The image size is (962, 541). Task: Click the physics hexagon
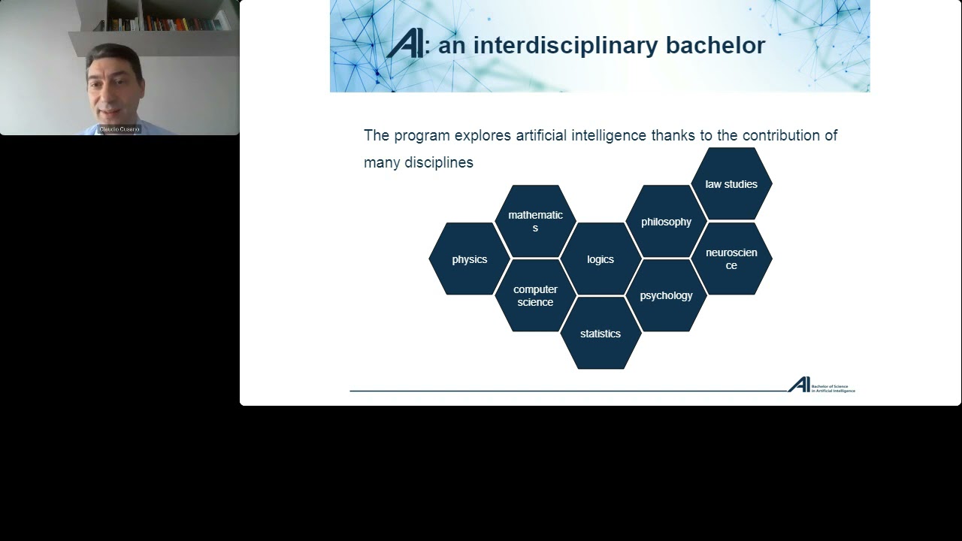coord(469,259)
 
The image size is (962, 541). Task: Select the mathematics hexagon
coord(535,221)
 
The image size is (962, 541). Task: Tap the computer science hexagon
coord(535,295)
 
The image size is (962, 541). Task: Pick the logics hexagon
coord(600,259)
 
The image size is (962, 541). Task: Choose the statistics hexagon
coord(600,334)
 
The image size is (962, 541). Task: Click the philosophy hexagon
coord(666,222)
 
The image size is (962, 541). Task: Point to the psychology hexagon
coord(666,295)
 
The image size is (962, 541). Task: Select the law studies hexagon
coord(731,184)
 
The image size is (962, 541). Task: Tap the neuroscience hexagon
coord(731,258)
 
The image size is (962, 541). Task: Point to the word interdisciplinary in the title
coord(555,45)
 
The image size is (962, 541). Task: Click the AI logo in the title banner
coord(405,44)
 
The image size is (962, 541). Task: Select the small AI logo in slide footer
coord(799,385)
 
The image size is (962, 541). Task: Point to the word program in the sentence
coord(422,136)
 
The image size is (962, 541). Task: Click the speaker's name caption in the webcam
coord(119,129)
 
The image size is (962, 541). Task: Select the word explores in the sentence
coord(483,136)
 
